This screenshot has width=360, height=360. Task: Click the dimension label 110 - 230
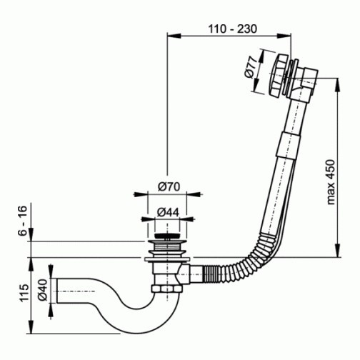tap(233, 29)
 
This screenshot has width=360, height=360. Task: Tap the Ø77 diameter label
tap(251, 68)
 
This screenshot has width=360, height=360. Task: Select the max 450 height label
tap(331, 182)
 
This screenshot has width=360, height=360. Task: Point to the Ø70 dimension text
tap(169, 186)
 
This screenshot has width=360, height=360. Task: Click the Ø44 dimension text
tap(168, 212)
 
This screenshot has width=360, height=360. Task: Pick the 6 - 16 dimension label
tap(23, 221)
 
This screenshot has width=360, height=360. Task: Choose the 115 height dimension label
tap(24, 293)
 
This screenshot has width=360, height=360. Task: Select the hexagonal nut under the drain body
tap(167, 289)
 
